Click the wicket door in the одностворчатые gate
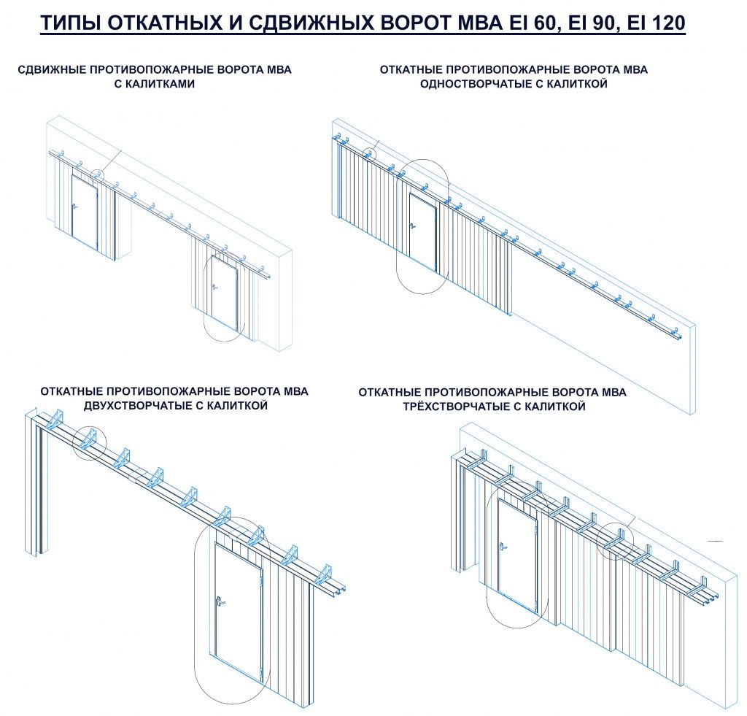pos(423,231)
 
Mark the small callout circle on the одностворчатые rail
pos(370,155)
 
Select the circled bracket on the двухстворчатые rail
pos(90,442)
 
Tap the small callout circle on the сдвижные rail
pos(98,174)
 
